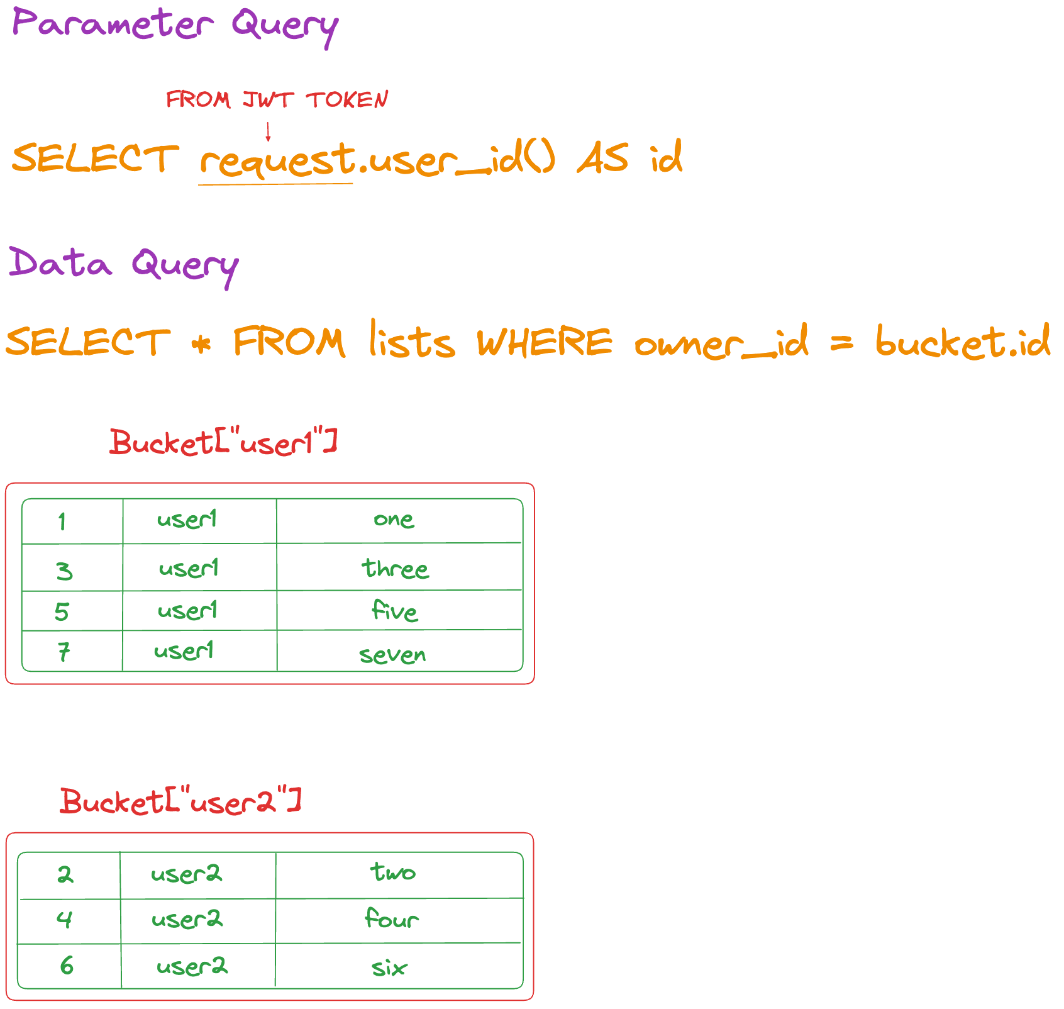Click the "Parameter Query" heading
point(175,26)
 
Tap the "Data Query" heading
point(124,265)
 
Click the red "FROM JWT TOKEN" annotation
point(277,100)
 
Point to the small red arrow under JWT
point(268,131)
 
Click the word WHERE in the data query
point(545,343)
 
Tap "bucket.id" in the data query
point(963,342)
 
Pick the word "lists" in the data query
point(412,339)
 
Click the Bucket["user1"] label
point(224,442)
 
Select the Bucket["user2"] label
point(181,801)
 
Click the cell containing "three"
point(399,567)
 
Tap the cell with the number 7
point(72,651)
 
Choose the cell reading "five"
point(399,610)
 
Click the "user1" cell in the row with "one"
point(199,521)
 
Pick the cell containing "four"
point(399,921)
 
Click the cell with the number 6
point(69,966)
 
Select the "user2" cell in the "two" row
point(197,876)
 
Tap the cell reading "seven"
point(399,651)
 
